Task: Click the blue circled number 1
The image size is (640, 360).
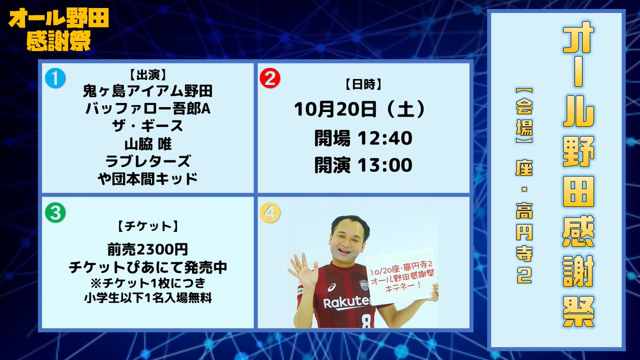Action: coord(55,78)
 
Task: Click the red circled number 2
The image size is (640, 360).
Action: coord(270,78)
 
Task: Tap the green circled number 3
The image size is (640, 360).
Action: coord(55,213)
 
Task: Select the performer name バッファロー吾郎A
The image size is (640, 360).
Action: coord(147,109)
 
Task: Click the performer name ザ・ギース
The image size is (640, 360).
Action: coord(147,126)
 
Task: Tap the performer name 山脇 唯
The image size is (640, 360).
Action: coord(147,143)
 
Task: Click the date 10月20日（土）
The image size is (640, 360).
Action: coord(363,110)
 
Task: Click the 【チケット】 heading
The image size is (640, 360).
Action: coord(147,226)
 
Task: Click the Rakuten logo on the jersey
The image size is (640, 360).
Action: coord(347,302)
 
